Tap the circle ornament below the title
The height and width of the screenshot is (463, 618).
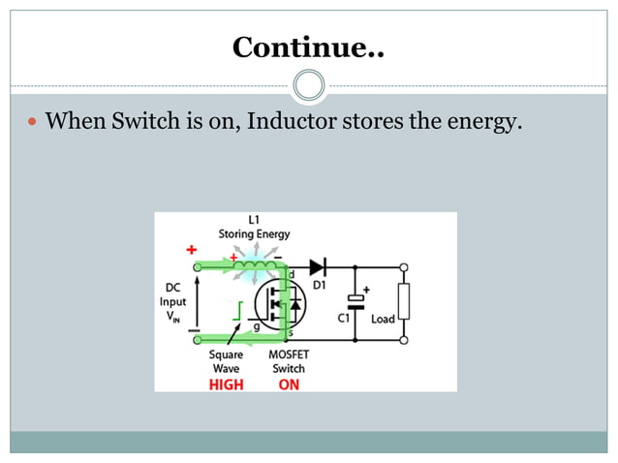(x=308, y=84)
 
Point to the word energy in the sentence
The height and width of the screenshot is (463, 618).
(x=478, y=123)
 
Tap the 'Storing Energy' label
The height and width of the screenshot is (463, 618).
(x=253, y=234)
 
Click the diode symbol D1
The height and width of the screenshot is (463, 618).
(x=318, y=266)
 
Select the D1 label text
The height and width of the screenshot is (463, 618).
(x=319, y=285)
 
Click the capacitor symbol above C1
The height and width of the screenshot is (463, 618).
(x=355, y=301)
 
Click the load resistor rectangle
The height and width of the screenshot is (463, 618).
(x=404, y=302)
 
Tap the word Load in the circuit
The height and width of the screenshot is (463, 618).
(x=383, y=319)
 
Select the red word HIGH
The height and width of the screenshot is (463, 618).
(x=227, y=384)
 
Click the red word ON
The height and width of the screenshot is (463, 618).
(x=289, y=384)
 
